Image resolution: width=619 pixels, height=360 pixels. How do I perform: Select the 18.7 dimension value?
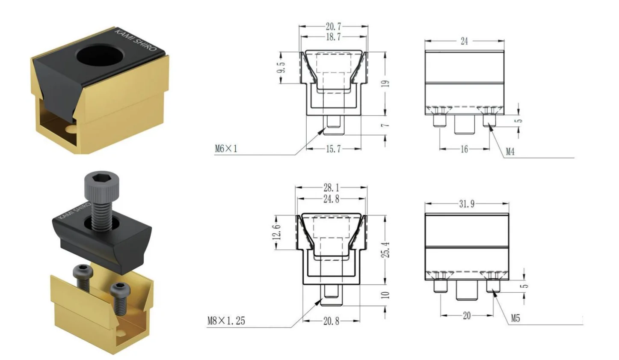(x=334, y=37)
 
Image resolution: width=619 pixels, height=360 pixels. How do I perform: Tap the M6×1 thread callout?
(x=226, y=149)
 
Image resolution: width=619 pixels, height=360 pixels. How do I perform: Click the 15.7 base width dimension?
(x=334, y=149)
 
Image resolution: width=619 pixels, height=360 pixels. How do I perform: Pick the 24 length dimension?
(x=464, y=41)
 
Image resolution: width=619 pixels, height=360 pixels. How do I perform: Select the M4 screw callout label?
(x=510, y=152)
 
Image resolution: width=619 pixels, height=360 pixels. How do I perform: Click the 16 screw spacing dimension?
(x=464, y=149)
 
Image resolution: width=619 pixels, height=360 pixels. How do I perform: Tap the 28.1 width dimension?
(x=332, y=188)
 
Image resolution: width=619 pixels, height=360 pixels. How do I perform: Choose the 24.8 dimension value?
(x=332, y=199)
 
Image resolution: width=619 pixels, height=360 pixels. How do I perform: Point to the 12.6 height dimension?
(x=277, y=232)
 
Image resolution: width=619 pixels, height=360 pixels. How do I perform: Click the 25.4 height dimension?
(x=386, y=250)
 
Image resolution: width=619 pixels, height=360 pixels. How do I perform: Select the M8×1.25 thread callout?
(x=226, y=321)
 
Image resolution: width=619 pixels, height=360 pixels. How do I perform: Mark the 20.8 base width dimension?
(x=332, y=321)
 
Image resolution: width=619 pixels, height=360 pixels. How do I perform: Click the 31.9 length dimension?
(x=467, y=204)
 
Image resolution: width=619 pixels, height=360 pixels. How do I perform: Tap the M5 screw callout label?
(x=515, y=318)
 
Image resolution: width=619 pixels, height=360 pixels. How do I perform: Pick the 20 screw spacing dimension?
(x=467, y=315)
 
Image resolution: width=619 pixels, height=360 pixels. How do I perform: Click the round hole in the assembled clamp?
(x=100, y=57)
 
